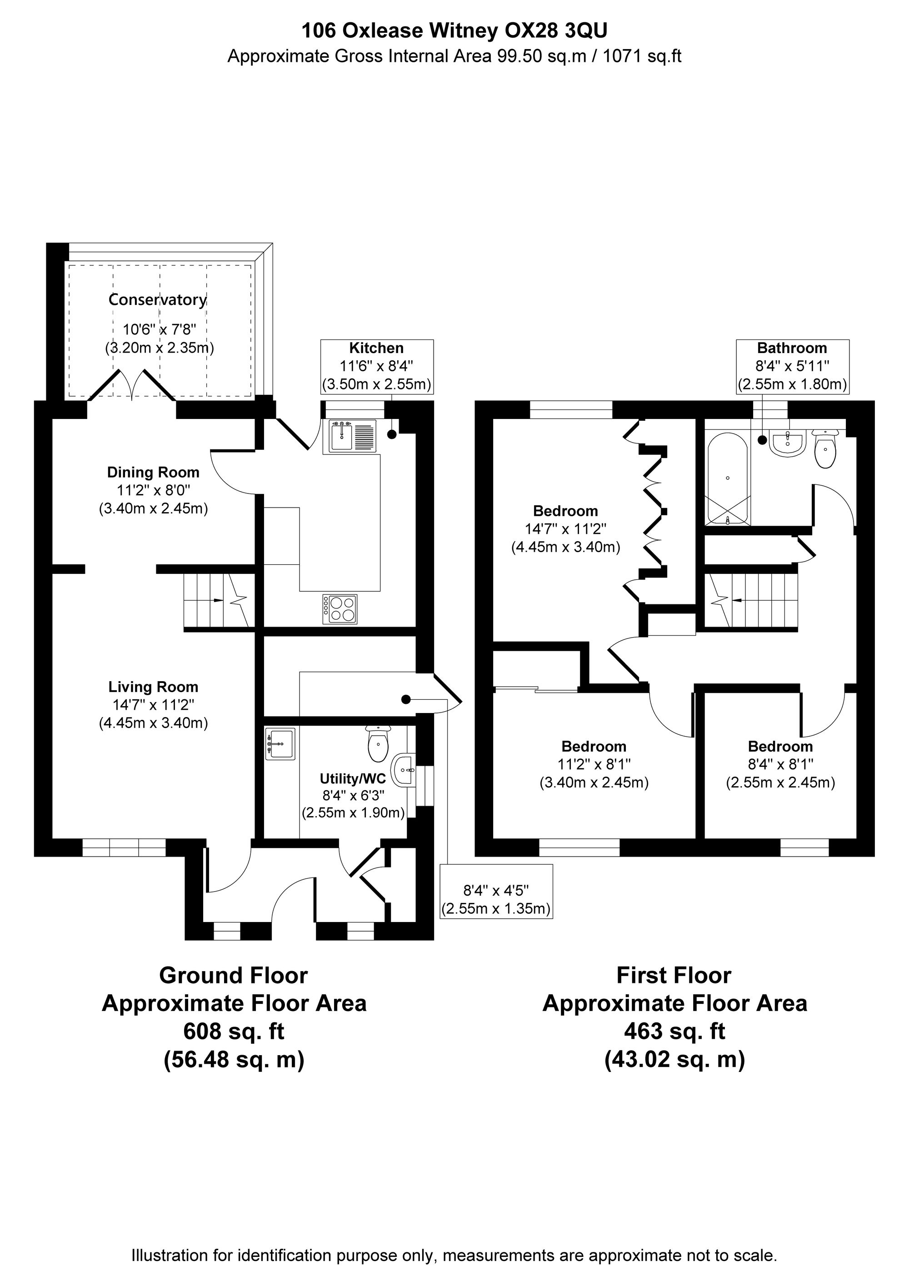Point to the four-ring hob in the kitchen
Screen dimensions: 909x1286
340,609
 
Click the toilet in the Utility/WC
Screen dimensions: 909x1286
378,744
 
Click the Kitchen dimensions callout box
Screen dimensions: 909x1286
376,366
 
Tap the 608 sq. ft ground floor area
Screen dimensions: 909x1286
234,1031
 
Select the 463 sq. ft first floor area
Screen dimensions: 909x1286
674,1031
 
